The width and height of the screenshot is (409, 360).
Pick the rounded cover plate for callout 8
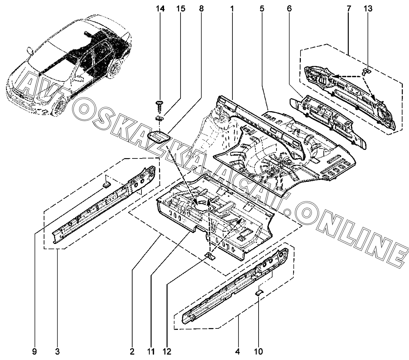click(x=158, y=137)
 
